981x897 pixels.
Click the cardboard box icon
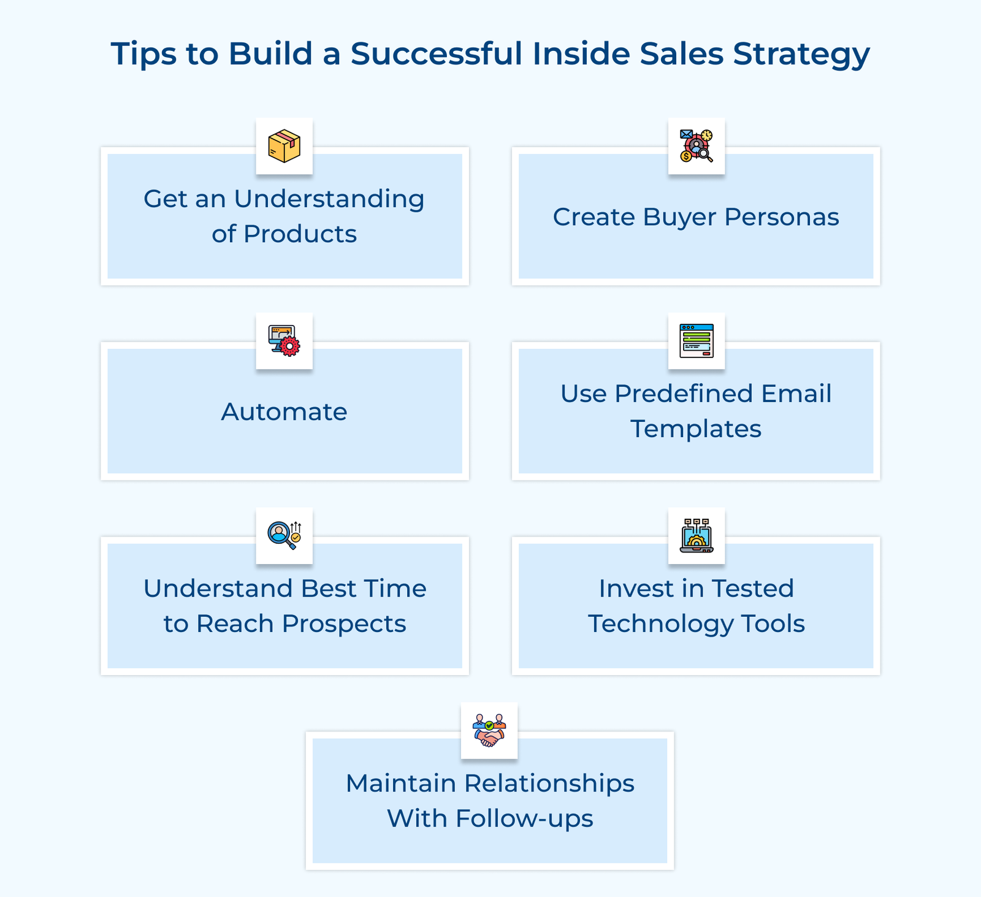point(284,146)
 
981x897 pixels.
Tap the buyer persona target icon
point(697,146)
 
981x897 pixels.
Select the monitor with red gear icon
point(284,341)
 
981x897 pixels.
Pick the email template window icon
point(697,341)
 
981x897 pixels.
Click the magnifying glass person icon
point(284,535)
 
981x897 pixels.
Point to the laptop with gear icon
point(697,535)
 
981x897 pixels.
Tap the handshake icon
point(489,730)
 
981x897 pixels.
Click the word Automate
point(284,412)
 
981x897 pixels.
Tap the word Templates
point(696,429)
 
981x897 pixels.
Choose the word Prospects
point(344,624)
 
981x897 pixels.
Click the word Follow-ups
point(524,819)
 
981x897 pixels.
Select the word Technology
point(661,624)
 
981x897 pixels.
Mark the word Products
point(300,234)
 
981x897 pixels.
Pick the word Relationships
point(549,784)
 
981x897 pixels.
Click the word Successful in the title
point(437,53)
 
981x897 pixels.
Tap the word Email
point(796,394)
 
